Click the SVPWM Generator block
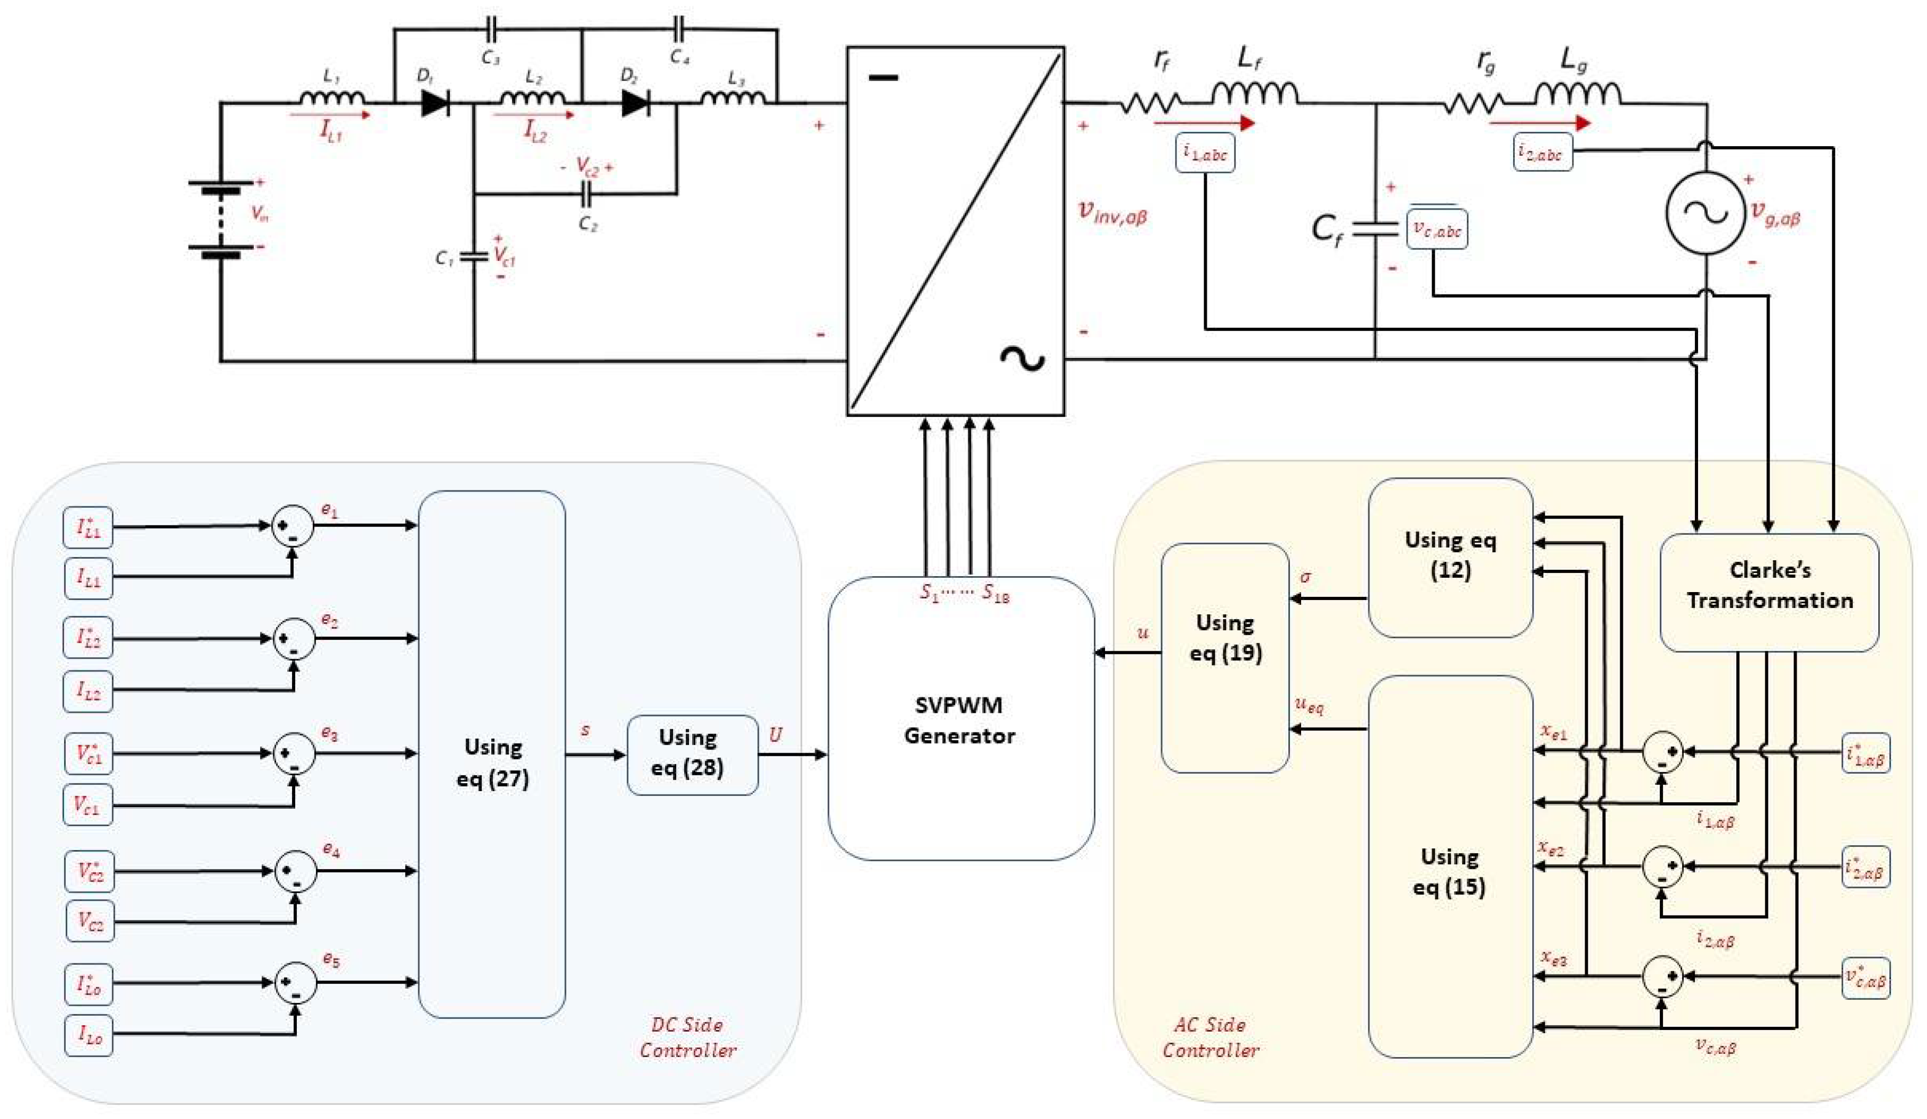point(960,719)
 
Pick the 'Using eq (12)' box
point(1450,557)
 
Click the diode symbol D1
point(435,102)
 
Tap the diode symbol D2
point(635,102)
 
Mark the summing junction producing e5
point(295,983)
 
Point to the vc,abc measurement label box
point(1436,229)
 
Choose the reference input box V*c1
point(88,754)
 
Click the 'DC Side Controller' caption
point(687,1037)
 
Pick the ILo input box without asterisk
point(89,1036)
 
